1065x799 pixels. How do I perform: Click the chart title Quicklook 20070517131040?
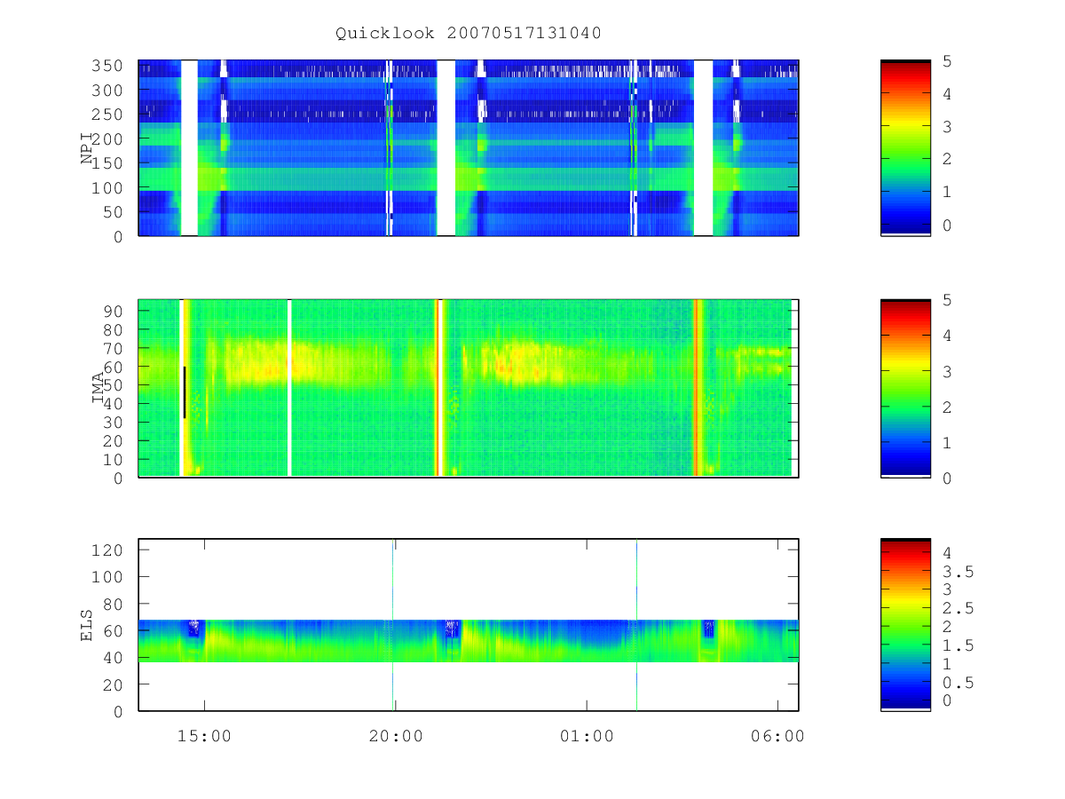pos(469,34)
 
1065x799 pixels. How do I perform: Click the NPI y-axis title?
pos(87,148)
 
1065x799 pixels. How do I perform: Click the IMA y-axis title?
pos(98,387)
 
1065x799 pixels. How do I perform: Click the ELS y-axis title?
pos(86,625)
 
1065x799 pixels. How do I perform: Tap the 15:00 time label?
pos(204,736)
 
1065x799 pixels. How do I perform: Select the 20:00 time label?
pos(396,736)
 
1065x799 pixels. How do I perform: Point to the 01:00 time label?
pos(587,736)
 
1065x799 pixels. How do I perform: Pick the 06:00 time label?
pos(777,736)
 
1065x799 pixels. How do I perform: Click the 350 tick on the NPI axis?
pos(106,66)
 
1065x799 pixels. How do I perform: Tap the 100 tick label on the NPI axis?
pos(106,187)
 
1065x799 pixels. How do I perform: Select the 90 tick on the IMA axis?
pos(113,312)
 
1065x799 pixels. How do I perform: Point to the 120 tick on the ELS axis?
pos(106,550)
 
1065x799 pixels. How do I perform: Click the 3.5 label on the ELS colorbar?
pos(958,572)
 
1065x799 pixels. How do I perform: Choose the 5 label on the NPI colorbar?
pos(947,61)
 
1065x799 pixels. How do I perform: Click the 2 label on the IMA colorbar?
pos(947,407)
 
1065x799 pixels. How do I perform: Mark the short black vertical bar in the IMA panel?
pos(185,392)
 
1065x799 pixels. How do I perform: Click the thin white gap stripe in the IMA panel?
pos(289,388)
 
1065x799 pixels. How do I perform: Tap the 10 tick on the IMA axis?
pos(113,459)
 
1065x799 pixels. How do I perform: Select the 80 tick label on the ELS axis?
pos(113,604)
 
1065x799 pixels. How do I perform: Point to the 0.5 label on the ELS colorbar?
pos(958,683)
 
